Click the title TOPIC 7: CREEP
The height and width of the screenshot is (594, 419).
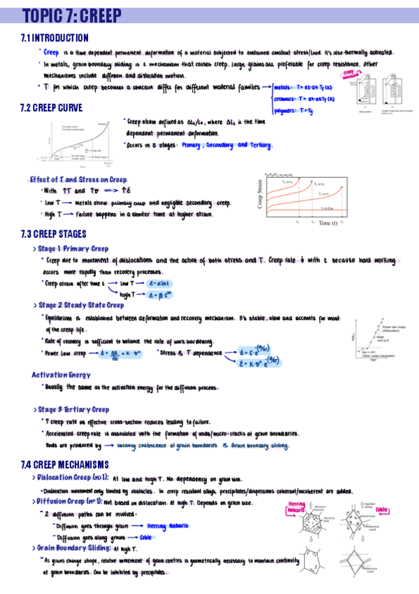click(x=71, y=15)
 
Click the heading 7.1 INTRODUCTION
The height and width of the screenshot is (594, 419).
click(x=55, y=38)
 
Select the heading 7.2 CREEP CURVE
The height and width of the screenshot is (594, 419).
click(x=52, y=108)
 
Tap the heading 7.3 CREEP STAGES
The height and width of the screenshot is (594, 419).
click(x=55, y=234)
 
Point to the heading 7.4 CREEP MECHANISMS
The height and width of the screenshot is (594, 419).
click(x=65, y=464)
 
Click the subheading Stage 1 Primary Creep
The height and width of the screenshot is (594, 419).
click(x=73, y=249)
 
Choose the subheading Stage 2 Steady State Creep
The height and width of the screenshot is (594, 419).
click(x=81, y=305)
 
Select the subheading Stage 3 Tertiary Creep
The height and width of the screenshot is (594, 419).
click(x=73, y=410)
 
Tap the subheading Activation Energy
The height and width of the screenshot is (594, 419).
click(x=61, y=375)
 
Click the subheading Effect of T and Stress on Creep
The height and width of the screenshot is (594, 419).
click(x=78, y=179)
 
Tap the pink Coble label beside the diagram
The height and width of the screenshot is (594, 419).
click(x=382, y=509)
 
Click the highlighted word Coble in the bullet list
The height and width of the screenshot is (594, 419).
click(x=145, y=537)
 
